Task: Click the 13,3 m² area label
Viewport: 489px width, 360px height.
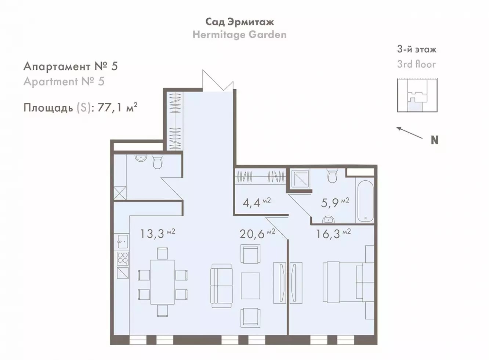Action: tap(157, 234)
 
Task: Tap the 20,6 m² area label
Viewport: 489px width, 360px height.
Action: tap(257, 234)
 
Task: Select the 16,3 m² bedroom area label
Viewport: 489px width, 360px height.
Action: tap(334, 234)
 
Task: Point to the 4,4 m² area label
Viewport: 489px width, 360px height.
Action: tap(257, 203)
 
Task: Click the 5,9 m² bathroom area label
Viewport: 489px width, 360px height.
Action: tap(335, 203)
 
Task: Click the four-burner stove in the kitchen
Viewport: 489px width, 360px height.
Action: tap(123, 258)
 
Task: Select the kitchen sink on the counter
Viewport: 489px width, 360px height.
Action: tap(123, 241)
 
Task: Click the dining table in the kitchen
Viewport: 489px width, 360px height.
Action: tap(162, 282)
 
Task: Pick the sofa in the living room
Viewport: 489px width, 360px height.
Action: tap(221, 283)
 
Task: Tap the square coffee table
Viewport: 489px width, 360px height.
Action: tap(250, 286)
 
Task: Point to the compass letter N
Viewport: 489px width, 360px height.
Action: tap(435, 140)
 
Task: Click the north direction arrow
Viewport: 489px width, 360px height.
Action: tap(409, 133)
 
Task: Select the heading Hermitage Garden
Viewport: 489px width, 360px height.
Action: tap(239, 35)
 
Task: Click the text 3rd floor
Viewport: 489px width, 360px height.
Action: tap(416, 64)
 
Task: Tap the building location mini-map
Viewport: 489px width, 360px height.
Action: tap(417, 95)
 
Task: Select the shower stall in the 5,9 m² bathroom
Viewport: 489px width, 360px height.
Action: tap(301, 179)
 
